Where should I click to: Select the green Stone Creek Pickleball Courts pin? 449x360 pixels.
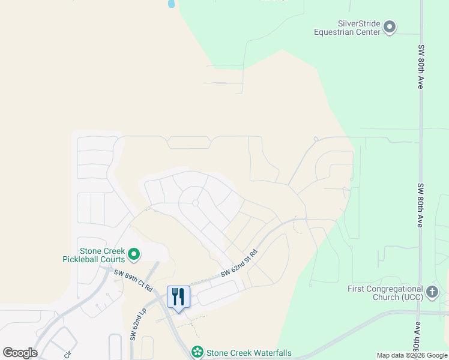click(x=134, y=255)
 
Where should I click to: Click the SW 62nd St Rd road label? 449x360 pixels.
click(x=238, y=264)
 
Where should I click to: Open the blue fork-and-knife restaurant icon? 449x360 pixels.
click(x=178, y=296)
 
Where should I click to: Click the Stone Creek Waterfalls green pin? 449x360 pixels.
click(x=197, y=352)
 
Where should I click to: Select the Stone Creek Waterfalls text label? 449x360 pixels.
click(x=249, y=353)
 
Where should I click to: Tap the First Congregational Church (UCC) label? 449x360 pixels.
click(x=385, y=293)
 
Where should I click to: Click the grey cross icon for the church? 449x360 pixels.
click(x=432, y=293)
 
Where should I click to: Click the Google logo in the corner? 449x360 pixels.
click(x=20, y=353)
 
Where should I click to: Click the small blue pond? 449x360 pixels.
click(x=172, y=4)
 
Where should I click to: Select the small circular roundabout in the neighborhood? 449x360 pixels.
click(x=195, y=203)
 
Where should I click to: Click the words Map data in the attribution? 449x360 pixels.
click(x=391, y=355)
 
